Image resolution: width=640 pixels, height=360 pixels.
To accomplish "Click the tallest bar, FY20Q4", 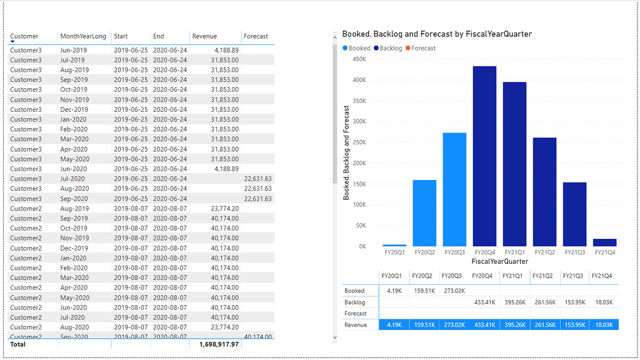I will coord(484,156).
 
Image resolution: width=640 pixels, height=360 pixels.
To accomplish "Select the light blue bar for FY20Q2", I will coord(424,213).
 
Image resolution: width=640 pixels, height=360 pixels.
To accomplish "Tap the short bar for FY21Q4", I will coord(604,242).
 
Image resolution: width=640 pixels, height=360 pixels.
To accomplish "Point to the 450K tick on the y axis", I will coord(359,59).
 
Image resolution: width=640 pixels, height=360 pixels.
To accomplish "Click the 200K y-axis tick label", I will coord(359,163).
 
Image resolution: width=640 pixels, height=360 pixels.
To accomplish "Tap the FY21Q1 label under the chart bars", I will coord(514,253).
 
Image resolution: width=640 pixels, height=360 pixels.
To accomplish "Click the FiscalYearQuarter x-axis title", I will coord(499,261).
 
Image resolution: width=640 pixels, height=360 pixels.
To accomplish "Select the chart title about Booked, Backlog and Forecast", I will coord(437,34).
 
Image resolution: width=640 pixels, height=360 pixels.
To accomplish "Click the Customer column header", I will coord(24,36).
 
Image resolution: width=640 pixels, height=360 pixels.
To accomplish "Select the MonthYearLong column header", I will coord(83,36).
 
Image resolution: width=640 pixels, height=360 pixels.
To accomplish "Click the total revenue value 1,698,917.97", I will coord(219,344).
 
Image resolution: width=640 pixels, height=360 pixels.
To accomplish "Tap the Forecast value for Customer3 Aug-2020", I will coord(257,189).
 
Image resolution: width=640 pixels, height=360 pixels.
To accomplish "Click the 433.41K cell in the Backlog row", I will coord(484,302).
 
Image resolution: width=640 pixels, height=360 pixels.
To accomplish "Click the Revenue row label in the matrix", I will coord(356,325).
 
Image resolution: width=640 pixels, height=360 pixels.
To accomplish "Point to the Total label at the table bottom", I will coord(18,344).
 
